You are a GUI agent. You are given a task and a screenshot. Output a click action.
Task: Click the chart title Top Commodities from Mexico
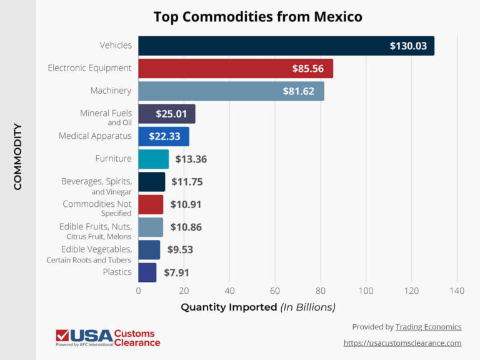(257, 17)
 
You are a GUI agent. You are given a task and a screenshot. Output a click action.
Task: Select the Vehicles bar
(286, 46)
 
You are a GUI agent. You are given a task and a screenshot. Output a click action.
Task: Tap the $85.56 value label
(307, 68)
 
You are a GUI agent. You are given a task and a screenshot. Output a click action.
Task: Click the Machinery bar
(231, 91)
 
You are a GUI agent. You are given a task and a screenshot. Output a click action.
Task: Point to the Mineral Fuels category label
(106, 113)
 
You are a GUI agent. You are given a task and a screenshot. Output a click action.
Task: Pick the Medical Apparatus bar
(163, 136)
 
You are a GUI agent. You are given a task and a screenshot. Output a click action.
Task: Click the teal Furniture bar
(153, 159)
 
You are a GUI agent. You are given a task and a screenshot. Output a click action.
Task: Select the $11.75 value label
(187, 182)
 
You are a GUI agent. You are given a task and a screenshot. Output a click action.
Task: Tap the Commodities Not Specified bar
(151, 204)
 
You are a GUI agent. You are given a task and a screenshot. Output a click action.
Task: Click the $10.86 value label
(186, 227)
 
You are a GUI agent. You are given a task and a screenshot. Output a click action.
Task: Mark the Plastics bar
(147, 272)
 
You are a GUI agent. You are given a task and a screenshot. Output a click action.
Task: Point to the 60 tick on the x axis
(275, 291)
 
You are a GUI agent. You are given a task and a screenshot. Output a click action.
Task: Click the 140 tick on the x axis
(457, 291)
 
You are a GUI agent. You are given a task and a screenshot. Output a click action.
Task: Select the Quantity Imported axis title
(257, 307)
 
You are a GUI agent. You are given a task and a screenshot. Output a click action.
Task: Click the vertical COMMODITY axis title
(17, 156)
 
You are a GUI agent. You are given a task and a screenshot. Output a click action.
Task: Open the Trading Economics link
(428, 327)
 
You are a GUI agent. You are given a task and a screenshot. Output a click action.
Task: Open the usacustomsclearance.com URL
(402, 342)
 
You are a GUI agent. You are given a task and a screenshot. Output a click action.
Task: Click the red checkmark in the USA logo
(62, 335)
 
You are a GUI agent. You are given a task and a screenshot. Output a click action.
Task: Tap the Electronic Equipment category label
(89, 67)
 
